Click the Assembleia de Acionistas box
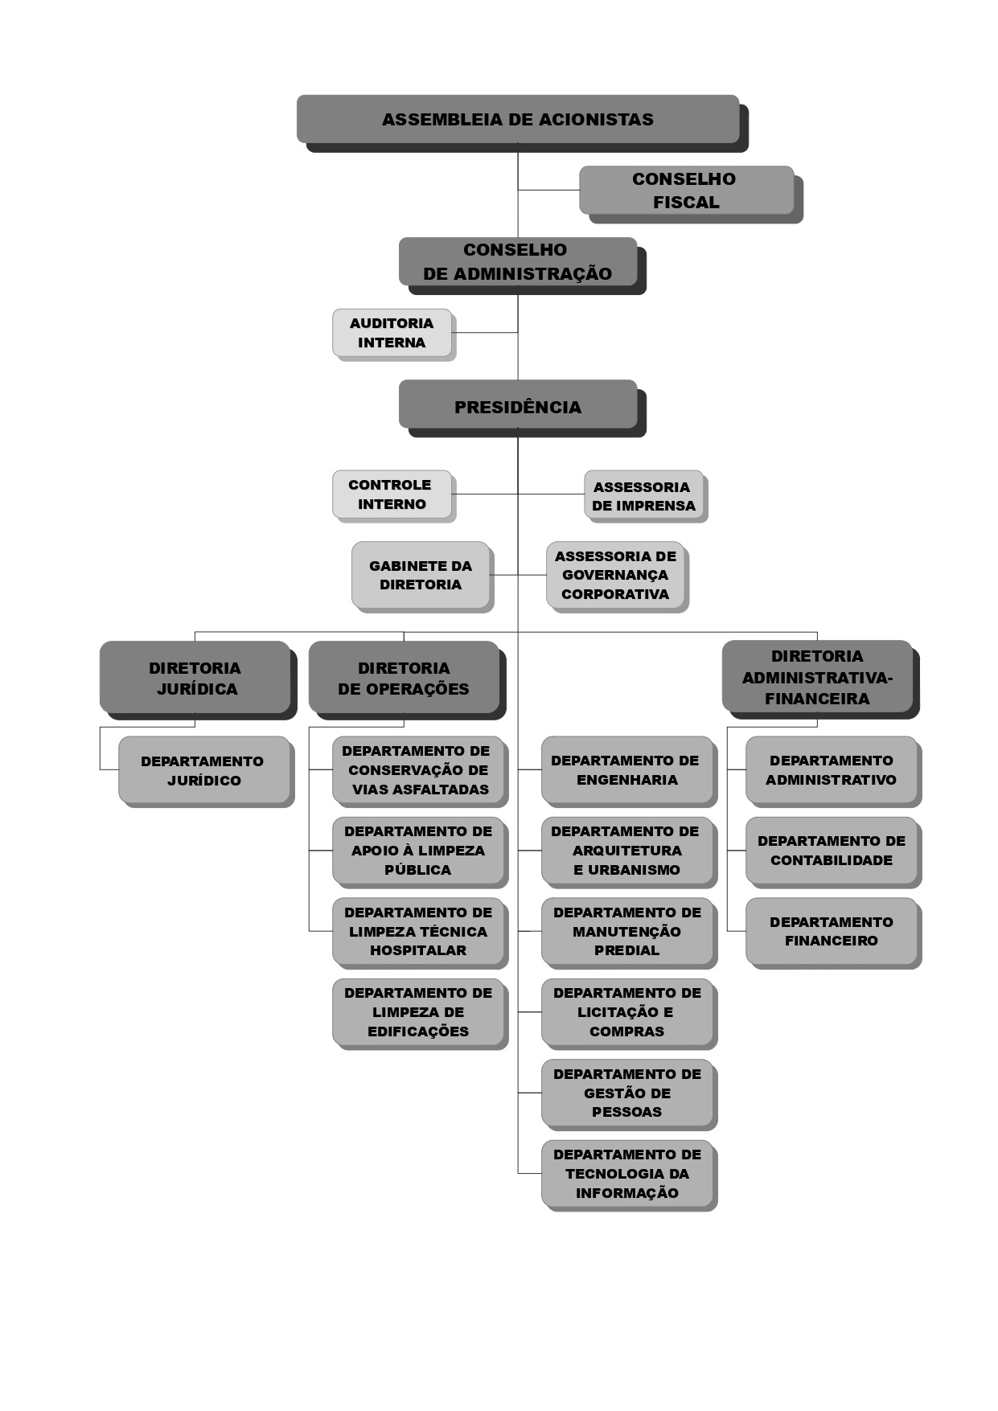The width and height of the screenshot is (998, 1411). coord(518,119)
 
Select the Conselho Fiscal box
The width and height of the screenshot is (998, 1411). coord(686,191)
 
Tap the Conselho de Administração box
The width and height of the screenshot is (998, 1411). coord(518,261)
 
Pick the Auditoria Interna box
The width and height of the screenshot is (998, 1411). coord(392,333)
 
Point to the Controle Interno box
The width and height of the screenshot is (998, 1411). coord(392,494)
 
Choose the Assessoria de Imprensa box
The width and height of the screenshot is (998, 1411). coord(643,494)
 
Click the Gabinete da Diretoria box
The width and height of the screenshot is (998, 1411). coord(421,575)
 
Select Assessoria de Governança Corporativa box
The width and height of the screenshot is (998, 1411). coord(615,575)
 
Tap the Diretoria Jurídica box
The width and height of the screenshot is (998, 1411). coord(195,677)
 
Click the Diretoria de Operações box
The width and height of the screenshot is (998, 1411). coord(404,677)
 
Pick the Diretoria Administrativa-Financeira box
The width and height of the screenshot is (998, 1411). coord(817,677)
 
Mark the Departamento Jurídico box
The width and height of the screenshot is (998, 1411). coord(203,769)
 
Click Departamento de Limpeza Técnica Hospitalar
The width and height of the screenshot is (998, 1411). coord(418,931)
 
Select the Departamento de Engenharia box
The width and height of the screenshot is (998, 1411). coord(627,769)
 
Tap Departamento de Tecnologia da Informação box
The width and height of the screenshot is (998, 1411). coord(627,1173)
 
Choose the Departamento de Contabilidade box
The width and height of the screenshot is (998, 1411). coord(832,851)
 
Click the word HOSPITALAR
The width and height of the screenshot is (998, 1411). coord(418,950)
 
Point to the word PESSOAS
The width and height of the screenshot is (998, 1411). coord(627,1112)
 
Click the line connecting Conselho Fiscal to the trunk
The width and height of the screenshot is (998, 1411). coord(548,191)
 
